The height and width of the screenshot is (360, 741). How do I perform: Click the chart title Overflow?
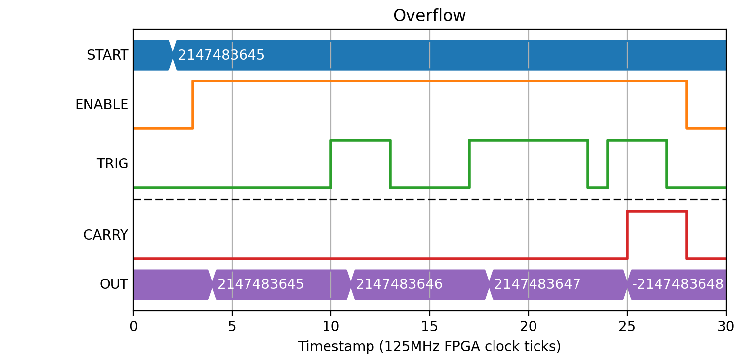point(429,16)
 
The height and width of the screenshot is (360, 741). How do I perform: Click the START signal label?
point(107,55)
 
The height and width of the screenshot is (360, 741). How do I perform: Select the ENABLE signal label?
point(101,105)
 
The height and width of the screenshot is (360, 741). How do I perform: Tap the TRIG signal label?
point(112,164)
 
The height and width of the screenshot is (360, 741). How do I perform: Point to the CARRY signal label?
point(106,235)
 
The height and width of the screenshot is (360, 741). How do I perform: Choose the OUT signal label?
point(114,284)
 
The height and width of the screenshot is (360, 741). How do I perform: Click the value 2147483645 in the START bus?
point(221,55)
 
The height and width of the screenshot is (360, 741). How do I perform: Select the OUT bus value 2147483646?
point(399,284)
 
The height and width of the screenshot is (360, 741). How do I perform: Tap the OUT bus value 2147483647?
point(537,284)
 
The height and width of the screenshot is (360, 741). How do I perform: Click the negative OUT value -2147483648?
point(677,284)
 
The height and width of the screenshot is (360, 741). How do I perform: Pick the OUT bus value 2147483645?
point(260,284)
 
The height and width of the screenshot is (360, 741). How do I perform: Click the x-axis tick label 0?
point(133,327)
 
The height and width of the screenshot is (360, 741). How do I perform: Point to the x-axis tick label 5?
point(232,327)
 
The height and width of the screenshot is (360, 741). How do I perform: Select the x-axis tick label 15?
point(430,327)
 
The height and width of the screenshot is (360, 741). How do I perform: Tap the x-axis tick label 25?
point(627,327)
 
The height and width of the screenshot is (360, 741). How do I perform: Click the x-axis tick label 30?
point(726,327)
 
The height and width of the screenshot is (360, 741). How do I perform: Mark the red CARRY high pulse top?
point(657,212)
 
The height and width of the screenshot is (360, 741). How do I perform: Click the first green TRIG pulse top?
point(361,141)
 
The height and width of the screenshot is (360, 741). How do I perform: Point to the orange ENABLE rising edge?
point(193,105)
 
